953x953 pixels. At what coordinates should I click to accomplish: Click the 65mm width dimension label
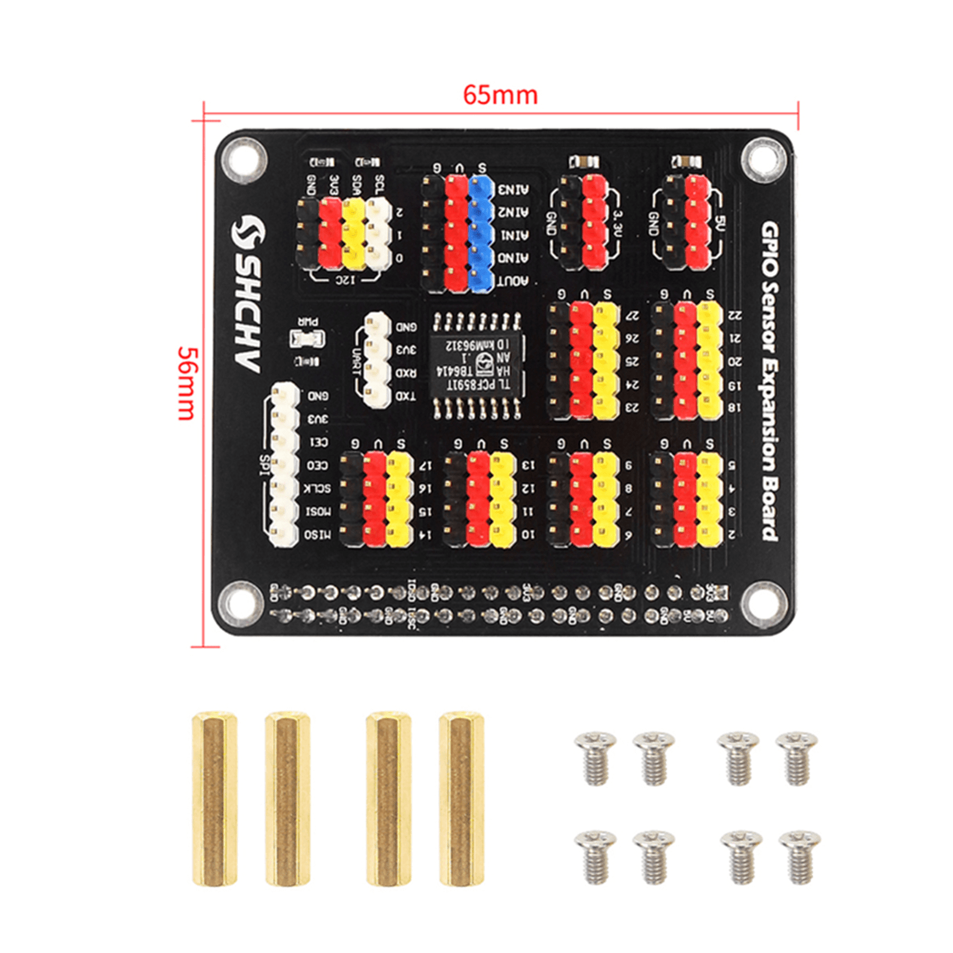click(x=500, y=95)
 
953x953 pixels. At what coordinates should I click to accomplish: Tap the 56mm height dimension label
click(x=187, y=384)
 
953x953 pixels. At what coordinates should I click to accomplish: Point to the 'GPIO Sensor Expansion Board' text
click(x=770, y=381)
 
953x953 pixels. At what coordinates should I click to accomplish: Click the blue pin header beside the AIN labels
click(x=481, y=233)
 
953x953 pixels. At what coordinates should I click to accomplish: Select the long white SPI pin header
click(x=284, y=465)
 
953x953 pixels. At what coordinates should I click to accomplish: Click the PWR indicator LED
click(x=307, y=339)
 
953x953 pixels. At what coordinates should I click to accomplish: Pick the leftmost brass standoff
click(x=214, y=798)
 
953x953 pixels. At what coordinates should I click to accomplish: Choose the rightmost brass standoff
click(x=461, y=798)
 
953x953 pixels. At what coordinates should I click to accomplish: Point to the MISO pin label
click(x=317, y=535)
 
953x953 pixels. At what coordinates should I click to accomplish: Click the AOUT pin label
click(x=513, y=281)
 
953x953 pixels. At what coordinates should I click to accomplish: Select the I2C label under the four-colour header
click(x=344, y=279)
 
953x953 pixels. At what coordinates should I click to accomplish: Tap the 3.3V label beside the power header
click(x=618, y=223)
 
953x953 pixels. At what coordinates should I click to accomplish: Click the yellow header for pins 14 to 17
click(x=400, y=499)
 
